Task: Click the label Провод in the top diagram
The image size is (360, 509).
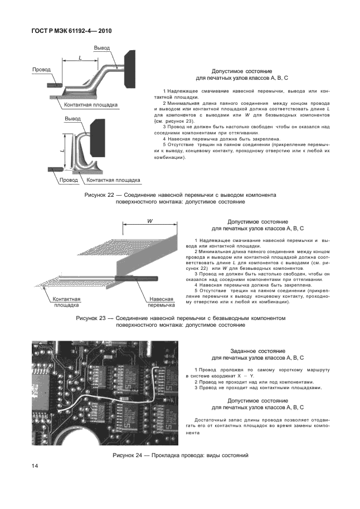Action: click(x=41, y=70)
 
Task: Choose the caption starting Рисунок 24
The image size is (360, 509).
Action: click(x=180, y=455)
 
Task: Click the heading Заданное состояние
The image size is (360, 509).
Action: click(x=257, y=351)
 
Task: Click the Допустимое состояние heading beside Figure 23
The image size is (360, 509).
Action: click(x=257, y=221)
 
